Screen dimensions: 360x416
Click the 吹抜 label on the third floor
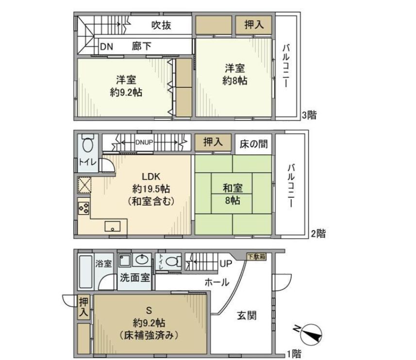point(161,25)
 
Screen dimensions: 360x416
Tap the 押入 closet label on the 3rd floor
point(253,25)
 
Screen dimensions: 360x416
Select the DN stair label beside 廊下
point(106,47)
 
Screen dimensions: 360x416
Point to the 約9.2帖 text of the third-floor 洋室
point(126,92)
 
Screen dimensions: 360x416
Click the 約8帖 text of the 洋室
point(234,81)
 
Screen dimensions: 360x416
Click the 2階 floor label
point(318,234)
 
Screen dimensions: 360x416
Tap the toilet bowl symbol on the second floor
point(88,145)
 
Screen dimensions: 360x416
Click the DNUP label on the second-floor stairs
point(144,142)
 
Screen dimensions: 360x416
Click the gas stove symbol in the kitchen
point(83,208)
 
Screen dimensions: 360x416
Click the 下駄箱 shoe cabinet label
point(256,256)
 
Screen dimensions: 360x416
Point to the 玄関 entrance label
point(247,315)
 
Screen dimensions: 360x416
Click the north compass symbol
point(310,334)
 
